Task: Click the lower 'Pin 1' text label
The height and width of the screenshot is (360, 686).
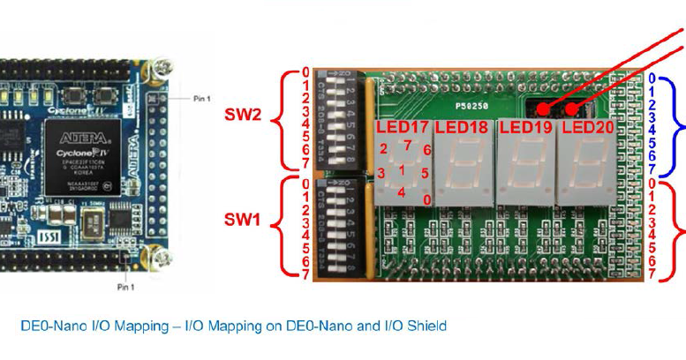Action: [x=125, y=288]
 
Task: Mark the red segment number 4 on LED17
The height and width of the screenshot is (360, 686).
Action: [x=402, y=192]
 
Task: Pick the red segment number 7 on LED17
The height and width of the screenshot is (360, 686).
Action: [x=407, y=145]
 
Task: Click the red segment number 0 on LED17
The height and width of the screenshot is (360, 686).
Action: [x=427, y=200]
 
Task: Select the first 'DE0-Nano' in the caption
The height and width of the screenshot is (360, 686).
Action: [x=49, y=326]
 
